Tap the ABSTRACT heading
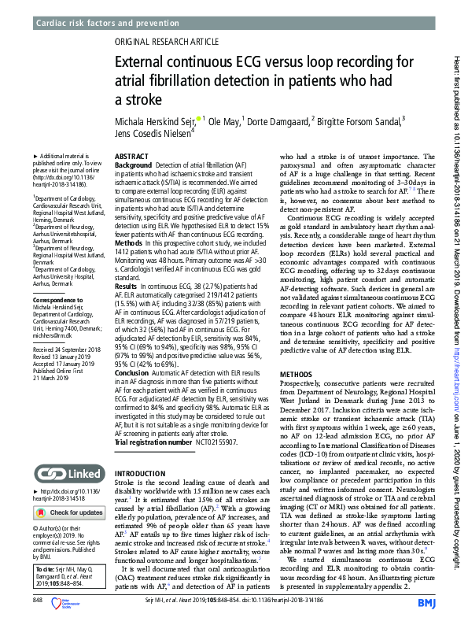tap(131, 157)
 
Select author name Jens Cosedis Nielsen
tap(152, 134)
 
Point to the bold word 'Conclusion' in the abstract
tap(135, 372)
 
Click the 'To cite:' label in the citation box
tap(46, 566)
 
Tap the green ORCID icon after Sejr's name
tap(200, 119)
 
